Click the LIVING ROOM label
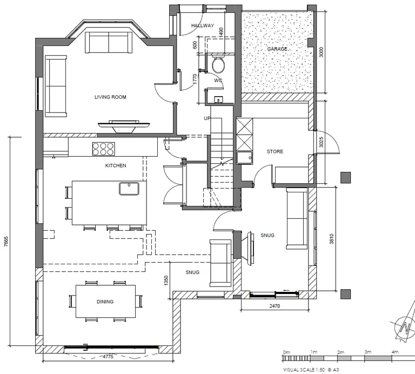click(x=110, y=97)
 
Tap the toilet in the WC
click(x=219, y=63)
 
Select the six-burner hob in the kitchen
click(x=104, y=149)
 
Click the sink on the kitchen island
click(x=129, y=189)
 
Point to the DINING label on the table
click(x=105, y=302)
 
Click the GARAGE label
click(x=277, y=49)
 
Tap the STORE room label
click(x=275, y=151)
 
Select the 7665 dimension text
click(x=6, y=242)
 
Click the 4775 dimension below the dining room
click(x=108, y=357)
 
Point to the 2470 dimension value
click(x=275, y=306)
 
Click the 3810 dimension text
click(x=332, y=239)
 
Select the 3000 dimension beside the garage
click(x=322, y=52)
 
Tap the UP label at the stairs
click(x=207, y=118)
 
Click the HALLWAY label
click(x=203, y=25)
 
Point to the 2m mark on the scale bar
click(x=340, y=352)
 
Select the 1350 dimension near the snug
click(x=166, y=281)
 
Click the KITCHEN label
click(x=116, y=166)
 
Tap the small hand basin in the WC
click(x=219, y=99)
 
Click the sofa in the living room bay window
click(x=109, y=43)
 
